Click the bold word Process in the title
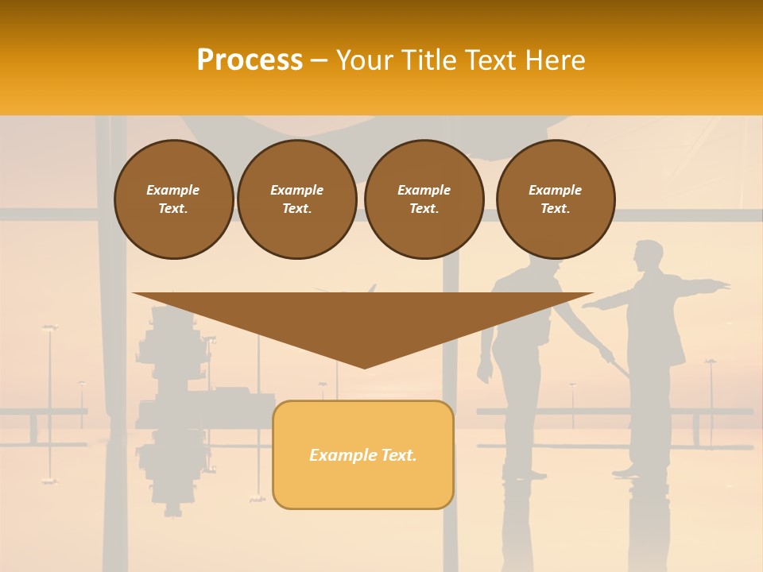click(250, 60)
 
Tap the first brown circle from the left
click(173, 199)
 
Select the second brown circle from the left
click(297, 199)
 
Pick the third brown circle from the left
click(424, 199)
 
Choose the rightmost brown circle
click(556, 199)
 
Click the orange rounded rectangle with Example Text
click(363, 454)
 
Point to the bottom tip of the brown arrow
click(364, 368)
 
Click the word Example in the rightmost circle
click(555, 190)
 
